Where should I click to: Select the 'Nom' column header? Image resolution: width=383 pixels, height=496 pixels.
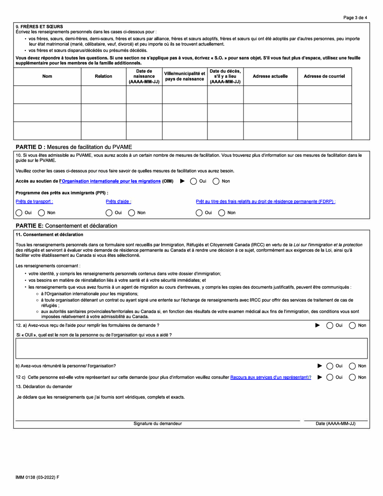(x=47, y=76)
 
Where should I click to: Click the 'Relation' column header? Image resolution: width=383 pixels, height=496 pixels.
(x=103, y=76)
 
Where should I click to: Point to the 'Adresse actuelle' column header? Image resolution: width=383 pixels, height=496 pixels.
(x=270, y=76)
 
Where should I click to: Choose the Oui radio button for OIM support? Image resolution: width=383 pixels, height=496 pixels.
(x=194, y=181)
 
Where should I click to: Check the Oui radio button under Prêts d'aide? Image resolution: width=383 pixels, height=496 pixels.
(x=109, y=213)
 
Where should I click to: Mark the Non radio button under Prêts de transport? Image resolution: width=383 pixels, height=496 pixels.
(x=42, y=213)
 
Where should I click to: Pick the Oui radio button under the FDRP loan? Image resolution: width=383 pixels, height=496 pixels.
(x=199, y=213)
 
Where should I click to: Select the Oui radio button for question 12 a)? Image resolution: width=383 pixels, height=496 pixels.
(x=329, y=325)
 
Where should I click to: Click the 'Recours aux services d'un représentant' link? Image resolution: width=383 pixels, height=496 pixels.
(x=271, y=377)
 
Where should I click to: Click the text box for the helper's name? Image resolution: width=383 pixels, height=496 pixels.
(x=191, y=348)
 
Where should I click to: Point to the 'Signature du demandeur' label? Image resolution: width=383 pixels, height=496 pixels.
(x=158, y=424)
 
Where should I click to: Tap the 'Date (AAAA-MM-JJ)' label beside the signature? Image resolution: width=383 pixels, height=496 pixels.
(x=335, y=424)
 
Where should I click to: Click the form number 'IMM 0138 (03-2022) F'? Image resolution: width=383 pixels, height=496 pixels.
(x=37, y=477)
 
